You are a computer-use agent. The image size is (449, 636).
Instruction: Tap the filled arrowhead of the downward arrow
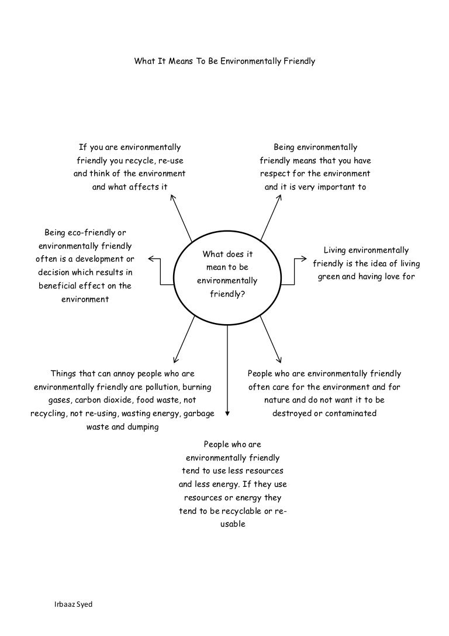[x=227, y=412]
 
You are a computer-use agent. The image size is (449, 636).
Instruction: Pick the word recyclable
[x=247, y=511]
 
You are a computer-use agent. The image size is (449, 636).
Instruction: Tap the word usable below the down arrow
[x=233, y=524]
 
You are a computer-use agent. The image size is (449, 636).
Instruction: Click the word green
[x=329, y=277]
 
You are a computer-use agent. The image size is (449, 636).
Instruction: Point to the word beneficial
[x=61, y=286]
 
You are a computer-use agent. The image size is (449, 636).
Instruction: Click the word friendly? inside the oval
[x=227, y=294]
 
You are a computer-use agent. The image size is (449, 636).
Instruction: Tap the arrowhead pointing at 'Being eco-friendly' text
[x=151, y=259]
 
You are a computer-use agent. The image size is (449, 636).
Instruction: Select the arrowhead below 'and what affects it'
[x=172, y=197]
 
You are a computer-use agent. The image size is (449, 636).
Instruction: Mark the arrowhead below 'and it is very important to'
[x=279, y=197]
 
